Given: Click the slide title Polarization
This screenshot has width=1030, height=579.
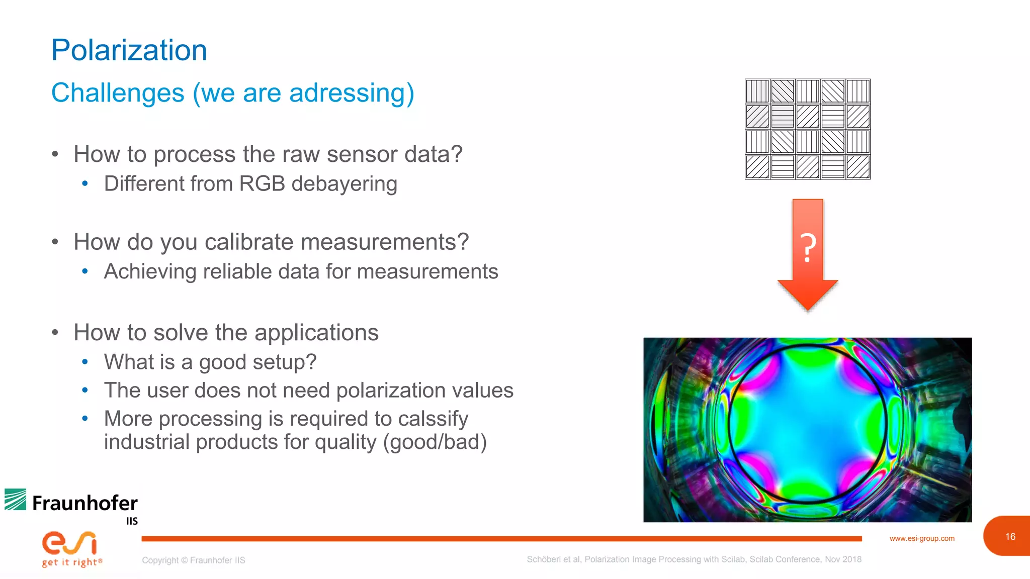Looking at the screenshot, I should (x=129, y=50).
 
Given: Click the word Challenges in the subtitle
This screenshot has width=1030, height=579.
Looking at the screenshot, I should (x=118, y=93).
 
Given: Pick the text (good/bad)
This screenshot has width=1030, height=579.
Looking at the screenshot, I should (x=435, y=442).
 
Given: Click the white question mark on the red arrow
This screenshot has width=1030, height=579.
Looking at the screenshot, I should (x=808, y=248).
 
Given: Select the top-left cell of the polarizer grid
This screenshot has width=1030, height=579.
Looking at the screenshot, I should (x=757, y=91).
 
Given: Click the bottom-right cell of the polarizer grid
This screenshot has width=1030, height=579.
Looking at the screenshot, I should (x=858, y=167).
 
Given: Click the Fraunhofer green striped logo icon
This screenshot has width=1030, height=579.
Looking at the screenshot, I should (x=16, y=500).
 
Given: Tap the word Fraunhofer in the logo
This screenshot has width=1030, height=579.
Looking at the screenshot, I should (x=85, y=503).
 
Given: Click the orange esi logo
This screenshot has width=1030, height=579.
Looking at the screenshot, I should (x=69, y=543).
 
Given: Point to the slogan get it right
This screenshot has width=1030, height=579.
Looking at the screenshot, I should (x=71, y=562).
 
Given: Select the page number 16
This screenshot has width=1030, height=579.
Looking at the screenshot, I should (x=1010, y=537).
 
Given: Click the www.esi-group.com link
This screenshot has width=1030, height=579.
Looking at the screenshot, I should (x=922, y=538).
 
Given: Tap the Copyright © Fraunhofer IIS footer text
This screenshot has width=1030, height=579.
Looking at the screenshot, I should (x=194, y=560).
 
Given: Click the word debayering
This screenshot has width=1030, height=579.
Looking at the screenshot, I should (x=345, y=184).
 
